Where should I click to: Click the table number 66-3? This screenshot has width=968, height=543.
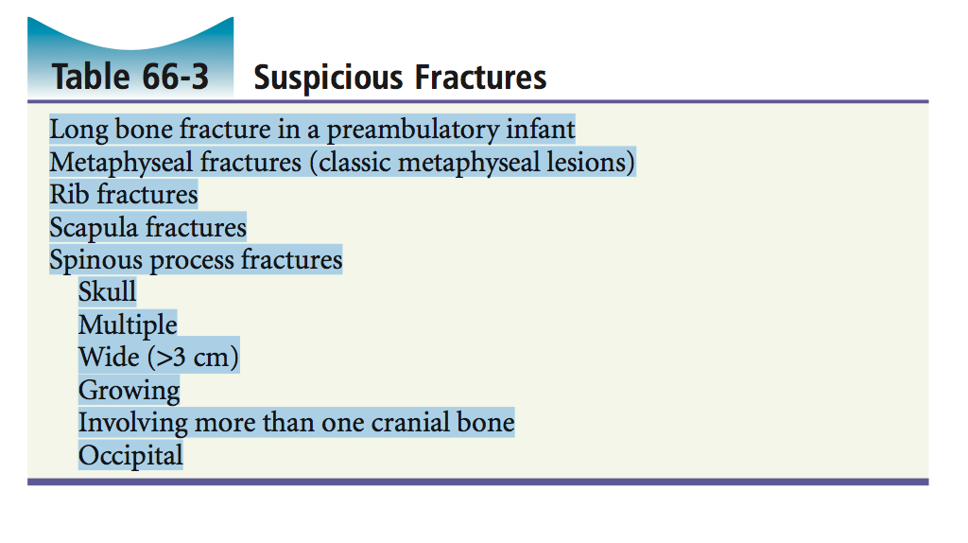(175, 77)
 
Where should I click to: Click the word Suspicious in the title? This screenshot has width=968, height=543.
(328, 78)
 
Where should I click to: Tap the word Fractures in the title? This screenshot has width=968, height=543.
(480, 78)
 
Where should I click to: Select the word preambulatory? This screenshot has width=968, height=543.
(412, 130)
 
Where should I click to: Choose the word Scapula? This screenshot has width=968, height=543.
(94, 227)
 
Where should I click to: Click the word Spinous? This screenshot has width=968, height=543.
(96, 260)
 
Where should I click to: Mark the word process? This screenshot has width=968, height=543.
(192, 261)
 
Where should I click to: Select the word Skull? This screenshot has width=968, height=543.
(108, 291)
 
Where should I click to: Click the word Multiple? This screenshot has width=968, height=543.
(128, 324)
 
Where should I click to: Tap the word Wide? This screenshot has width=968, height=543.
(110, 357)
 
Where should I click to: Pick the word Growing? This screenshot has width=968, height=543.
(129, 391)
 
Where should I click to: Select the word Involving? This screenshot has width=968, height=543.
(133, 423)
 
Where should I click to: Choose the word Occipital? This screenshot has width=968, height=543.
(130, 456)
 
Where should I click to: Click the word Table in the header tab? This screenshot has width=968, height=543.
(92, 77)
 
